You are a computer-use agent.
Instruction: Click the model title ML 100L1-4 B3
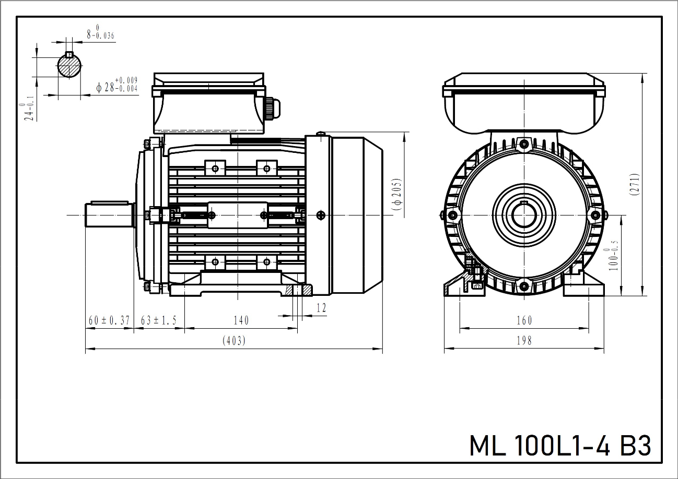pyautogui.click(x=560, y=446)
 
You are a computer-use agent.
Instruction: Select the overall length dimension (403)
pyautogui.click(x=233, y=341)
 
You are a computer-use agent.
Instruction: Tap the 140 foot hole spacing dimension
pyautogui.click(x=241, y=320)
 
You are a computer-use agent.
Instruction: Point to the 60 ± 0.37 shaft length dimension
pyautogui.click(x=109, y=320)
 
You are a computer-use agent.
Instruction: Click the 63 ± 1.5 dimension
pyautogui.click(x=159, y=320)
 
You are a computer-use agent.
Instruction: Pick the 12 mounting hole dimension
pyautogui.click(x=321, y=308)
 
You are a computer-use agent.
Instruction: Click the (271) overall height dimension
pyautogui.click(x=634, y=184)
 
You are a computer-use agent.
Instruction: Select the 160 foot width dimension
pyautogui.click(x=523, y=320)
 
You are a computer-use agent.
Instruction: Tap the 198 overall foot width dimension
pyautogui.click(x=523, y=341)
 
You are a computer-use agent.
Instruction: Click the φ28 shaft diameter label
pyautogui.click(x=116, y=87)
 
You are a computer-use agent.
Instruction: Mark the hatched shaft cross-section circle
pyautogui.click(x=69, y=66)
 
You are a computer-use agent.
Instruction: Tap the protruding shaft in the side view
pyautogui.click(x=108, y=214)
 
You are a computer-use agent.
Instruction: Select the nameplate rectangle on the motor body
pyautogui.click(x=238, y=215)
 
